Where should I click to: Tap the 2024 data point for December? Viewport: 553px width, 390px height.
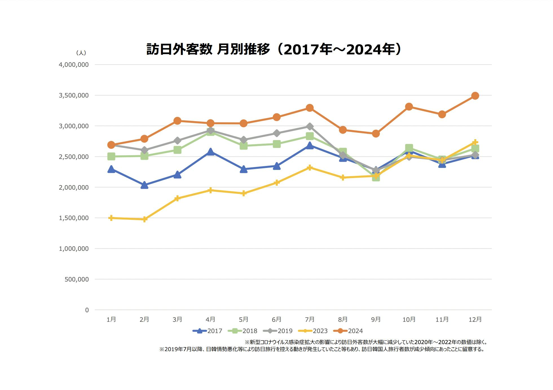tap(475, 96)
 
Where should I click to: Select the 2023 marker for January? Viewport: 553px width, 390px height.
tap(111, 218)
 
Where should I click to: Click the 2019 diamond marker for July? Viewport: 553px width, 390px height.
tap(310, 127)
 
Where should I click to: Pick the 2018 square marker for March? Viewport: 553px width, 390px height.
tap(177, 150)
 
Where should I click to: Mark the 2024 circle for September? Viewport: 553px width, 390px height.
tap(376, 134)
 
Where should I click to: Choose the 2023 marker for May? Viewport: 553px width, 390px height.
tap(244, 193)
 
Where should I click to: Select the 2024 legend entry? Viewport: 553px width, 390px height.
tap(348, 331)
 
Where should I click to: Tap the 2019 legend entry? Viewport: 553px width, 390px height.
tap(278, 331)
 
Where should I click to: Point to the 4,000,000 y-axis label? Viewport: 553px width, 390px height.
tap(74, 65)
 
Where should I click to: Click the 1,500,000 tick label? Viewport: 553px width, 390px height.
tap(74, 218)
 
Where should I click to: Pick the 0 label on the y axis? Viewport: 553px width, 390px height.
tap(87, 310)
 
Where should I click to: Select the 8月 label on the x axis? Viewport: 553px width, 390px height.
tap(343, 319)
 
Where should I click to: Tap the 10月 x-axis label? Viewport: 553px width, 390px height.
tap(409, 319)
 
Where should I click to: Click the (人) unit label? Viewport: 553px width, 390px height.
tap(81, 53)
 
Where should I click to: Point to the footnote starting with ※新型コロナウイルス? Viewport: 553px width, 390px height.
tap(366, 342)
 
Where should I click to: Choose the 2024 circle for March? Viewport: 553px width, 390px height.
tap(177, 121)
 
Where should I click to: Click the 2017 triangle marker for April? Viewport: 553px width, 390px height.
tap(210, 152)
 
